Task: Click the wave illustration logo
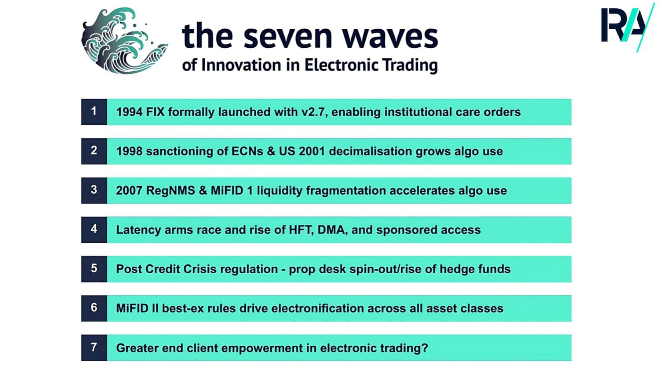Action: point(124,41)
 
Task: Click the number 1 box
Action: point(94,112)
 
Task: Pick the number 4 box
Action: point(94,230)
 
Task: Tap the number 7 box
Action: point(94,348)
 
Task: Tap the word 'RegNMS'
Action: point(171,191)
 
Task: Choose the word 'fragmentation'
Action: point(346,191)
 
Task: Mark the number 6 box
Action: point(94,308)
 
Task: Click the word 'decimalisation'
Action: point(370,151)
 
